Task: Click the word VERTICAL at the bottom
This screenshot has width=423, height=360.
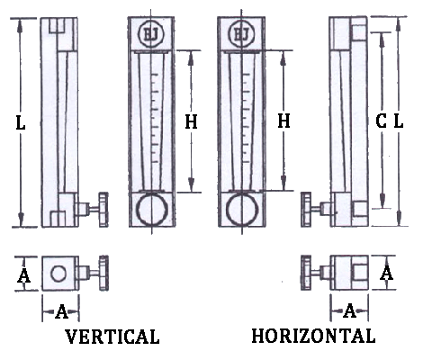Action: pos(112,337)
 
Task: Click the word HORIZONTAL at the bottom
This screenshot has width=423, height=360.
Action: pos(313,336)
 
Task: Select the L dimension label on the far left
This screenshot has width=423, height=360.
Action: pos(20,123)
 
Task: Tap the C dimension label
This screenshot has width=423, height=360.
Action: pos(381,121)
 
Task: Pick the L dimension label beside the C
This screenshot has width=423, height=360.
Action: pos(399,121)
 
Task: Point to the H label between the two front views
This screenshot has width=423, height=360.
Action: pos(191,121)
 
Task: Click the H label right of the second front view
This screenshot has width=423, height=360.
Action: pos(283,121)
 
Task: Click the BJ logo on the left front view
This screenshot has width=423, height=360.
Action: pos(150,33)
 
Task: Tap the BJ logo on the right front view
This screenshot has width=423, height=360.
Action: pos(241,33)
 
